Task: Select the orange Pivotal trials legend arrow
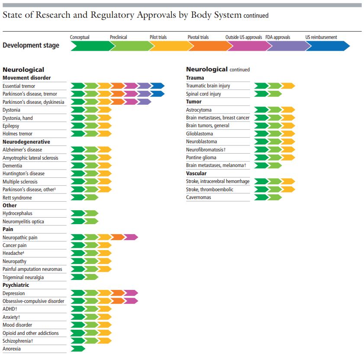tap(207, 45)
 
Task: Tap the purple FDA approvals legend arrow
tap(286, 45)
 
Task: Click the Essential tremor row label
tap(19, 86)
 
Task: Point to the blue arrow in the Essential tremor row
tap(158, 86)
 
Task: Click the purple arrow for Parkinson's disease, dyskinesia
tap(144, 102)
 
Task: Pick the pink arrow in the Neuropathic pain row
tap(131, 237)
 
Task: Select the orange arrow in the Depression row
tap(117, 293)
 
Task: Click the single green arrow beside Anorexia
tap(78, 349)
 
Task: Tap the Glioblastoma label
tap(200, 134)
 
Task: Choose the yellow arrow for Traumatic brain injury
tap(288, 86)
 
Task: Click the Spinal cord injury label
tap(203, 94)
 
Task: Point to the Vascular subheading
tap(196, 174)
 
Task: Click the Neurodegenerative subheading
tap(26, 142)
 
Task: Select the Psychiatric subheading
tap(16, 285)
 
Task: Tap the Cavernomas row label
tap(199, 197)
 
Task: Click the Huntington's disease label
tap(23, 174)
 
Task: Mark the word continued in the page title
tap(256, 16)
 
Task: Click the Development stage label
tap(31, 45)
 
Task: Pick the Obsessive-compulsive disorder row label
tap(33, 301)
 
